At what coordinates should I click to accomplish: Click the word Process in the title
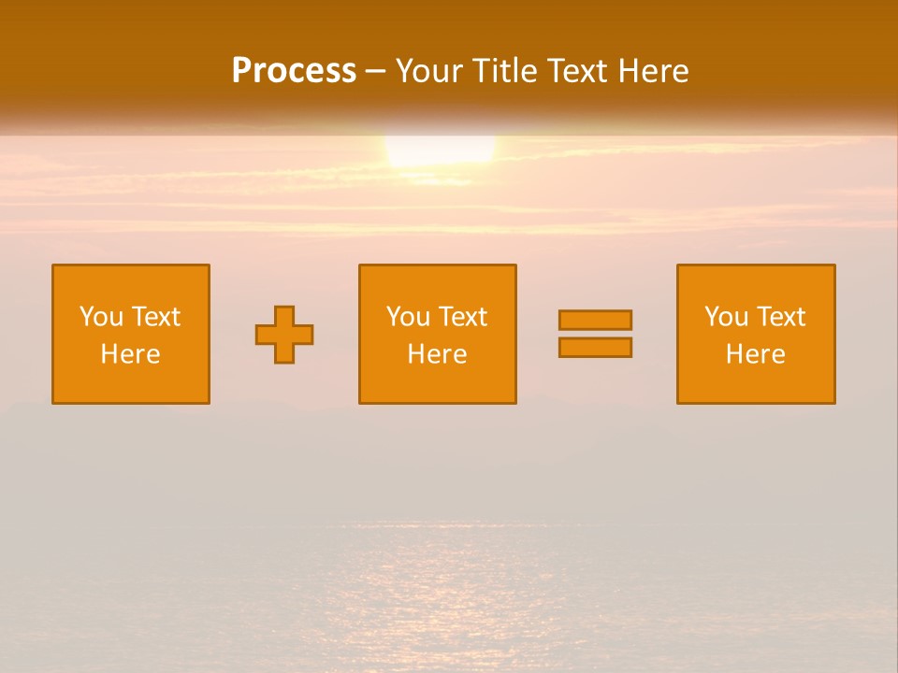tap(294, 71)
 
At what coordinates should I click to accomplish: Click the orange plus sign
tap(284, 335)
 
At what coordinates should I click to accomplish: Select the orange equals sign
tap(595, 334)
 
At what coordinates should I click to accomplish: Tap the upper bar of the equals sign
tap(595, 320)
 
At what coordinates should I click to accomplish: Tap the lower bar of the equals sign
tap(595, 348)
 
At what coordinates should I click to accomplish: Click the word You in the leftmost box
tap(101, 317)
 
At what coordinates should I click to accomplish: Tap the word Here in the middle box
tap(437, 354)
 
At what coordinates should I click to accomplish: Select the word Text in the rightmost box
tap(781, 317)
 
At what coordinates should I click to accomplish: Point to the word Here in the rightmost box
tap(755, 354)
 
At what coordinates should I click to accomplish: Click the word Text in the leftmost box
tap(156, 317)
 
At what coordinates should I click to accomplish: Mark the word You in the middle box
tap(408, 317)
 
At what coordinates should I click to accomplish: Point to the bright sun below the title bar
tap(440, 150)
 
